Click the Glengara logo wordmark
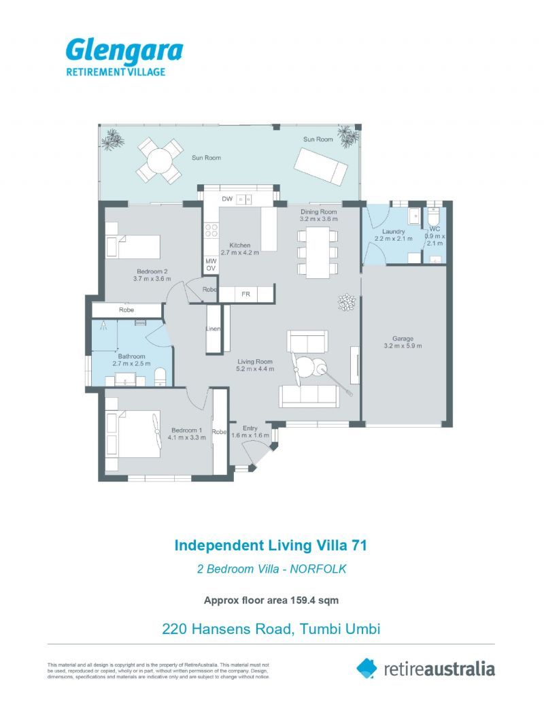124,51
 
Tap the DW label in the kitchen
227,199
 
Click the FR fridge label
245,294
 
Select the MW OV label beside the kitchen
211,265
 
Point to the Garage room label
403,339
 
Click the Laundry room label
393,231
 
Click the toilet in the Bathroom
160,377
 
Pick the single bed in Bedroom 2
133,246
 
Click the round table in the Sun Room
160,161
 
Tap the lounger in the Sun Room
320,166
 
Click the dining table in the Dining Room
318,252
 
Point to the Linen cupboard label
214,329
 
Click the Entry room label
250,428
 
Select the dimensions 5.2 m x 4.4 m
255,369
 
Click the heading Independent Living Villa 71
271,545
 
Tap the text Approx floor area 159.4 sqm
271,601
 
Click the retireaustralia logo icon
367,668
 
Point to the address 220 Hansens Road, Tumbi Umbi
271,628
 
